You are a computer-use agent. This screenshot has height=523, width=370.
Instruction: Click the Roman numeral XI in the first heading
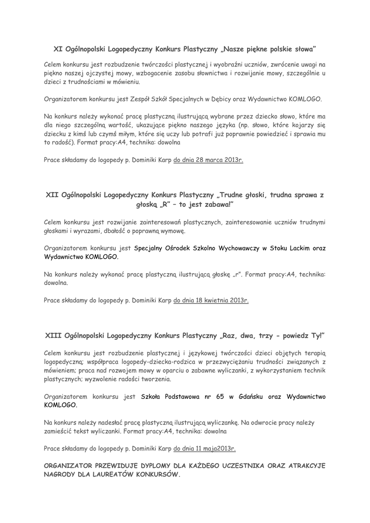click(58, 50)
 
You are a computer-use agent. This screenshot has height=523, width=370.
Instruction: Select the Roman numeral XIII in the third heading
click(55, 336)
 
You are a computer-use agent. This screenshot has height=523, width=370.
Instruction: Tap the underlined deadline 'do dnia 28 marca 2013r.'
click(208, 160)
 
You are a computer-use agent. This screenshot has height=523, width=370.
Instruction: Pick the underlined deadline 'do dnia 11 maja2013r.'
click(205, 449)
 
